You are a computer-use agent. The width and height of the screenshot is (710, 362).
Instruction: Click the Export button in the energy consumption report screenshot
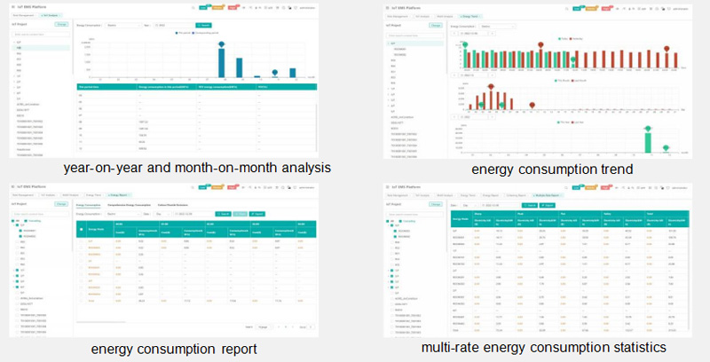256,214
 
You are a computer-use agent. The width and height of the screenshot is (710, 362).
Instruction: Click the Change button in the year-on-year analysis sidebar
61,25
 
